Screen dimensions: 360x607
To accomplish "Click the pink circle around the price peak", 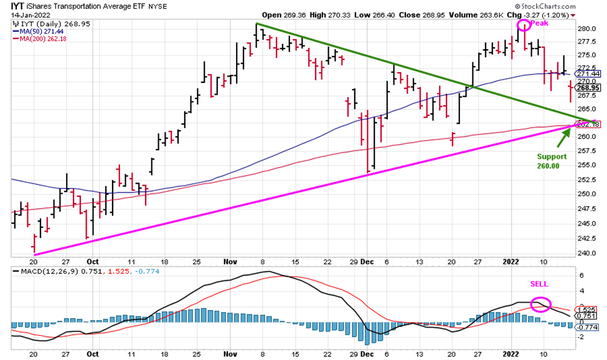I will pyautogui.click(x=524, y=25).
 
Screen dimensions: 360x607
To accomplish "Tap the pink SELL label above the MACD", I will pyautogui.click(x=539, y=284).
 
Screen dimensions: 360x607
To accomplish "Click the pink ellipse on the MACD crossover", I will pyautogui.click(x=541, y=305).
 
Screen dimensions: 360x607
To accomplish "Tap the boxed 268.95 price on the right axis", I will pyautogui.click(x=589, y=88).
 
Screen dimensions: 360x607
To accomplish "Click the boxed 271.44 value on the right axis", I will pyautogui.click(x=589, y=73).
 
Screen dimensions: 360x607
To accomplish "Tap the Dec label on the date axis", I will pyautogui.click(x=368, y=262).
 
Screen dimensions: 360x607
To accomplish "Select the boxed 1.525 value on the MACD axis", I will pyautogui.click(x=588, y=310).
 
